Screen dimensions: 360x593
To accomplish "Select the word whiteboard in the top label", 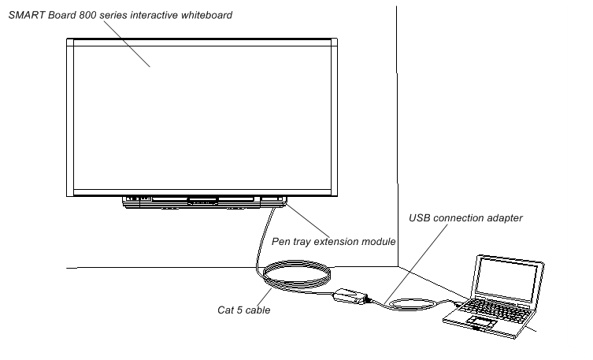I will [207, 15].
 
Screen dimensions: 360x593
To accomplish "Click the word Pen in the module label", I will [280, 241].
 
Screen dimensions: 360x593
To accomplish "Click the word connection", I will [460, 217].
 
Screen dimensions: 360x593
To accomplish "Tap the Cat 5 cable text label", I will [243, 310].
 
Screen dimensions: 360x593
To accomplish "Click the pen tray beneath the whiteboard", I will [203, 202].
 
